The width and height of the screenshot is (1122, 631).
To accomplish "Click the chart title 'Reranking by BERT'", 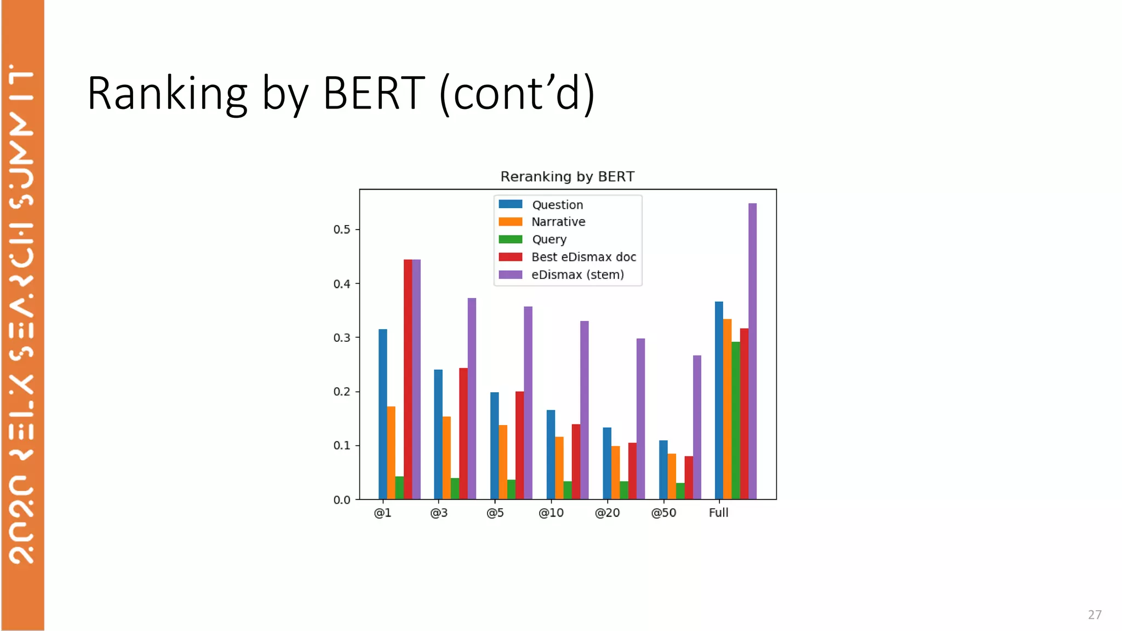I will [567, 176].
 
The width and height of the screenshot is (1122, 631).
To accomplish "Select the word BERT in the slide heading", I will [374, 93].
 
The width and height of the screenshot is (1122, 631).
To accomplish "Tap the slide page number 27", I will [1094, 615].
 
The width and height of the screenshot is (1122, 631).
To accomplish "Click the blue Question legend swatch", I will [510, 204].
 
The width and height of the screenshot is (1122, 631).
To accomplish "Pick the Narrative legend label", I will [558, 222].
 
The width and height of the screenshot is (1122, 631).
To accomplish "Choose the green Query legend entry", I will [549, 239].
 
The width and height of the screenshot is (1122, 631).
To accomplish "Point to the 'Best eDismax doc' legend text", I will [583, 257].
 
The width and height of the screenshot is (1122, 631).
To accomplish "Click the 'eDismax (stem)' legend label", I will [577, 274].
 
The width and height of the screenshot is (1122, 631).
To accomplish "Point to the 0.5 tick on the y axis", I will [342, 230].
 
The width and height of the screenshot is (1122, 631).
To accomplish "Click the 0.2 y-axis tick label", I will [342, 392].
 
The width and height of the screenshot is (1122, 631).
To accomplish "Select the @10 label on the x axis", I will [551, 513].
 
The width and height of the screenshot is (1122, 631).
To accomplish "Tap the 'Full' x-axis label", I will [718, 513].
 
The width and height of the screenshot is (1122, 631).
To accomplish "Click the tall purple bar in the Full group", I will [752, 351].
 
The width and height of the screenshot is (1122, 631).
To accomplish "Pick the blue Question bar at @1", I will [382, 414].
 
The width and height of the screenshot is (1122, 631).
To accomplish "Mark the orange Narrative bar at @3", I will [446, 458].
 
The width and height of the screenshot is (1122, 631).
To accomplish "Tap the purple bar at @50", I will [696, 427].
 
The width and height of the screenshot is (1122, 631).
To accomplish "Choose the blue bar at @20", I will [607, 463].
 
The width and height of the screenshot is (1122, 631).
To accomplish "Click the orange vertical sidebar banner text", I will [22, 315].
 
